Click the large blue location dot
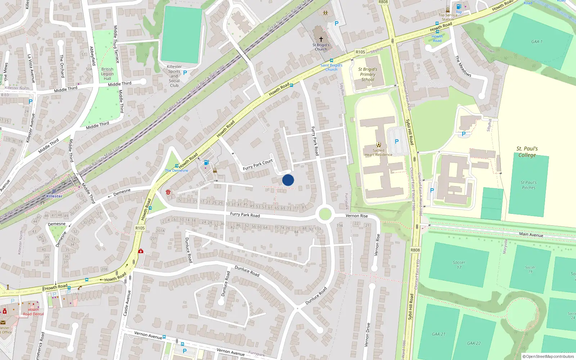288,180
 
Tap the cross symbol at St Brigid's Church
321,39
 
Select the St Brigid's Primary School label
368,74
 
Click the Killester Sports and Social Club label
174,76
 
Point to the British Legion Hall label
107,74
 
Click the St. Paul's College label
527,152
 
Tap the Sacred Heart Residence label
378,153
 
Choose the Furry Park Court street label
258,165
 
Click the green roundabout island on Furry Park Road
325,214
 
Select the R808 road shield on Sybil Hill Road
415,250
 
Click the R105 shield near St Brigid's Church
360,52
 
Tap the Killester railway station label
54,196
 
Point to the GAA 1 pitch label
537,41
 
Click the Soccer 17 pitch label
459,265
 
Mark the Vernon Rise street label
357,216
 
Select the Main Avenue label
531,234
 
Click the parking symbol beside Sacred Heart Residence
397,141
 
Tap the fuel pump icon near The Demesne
206,163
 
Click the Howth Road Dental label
33,312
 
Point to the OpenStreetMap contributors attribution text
548,356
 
